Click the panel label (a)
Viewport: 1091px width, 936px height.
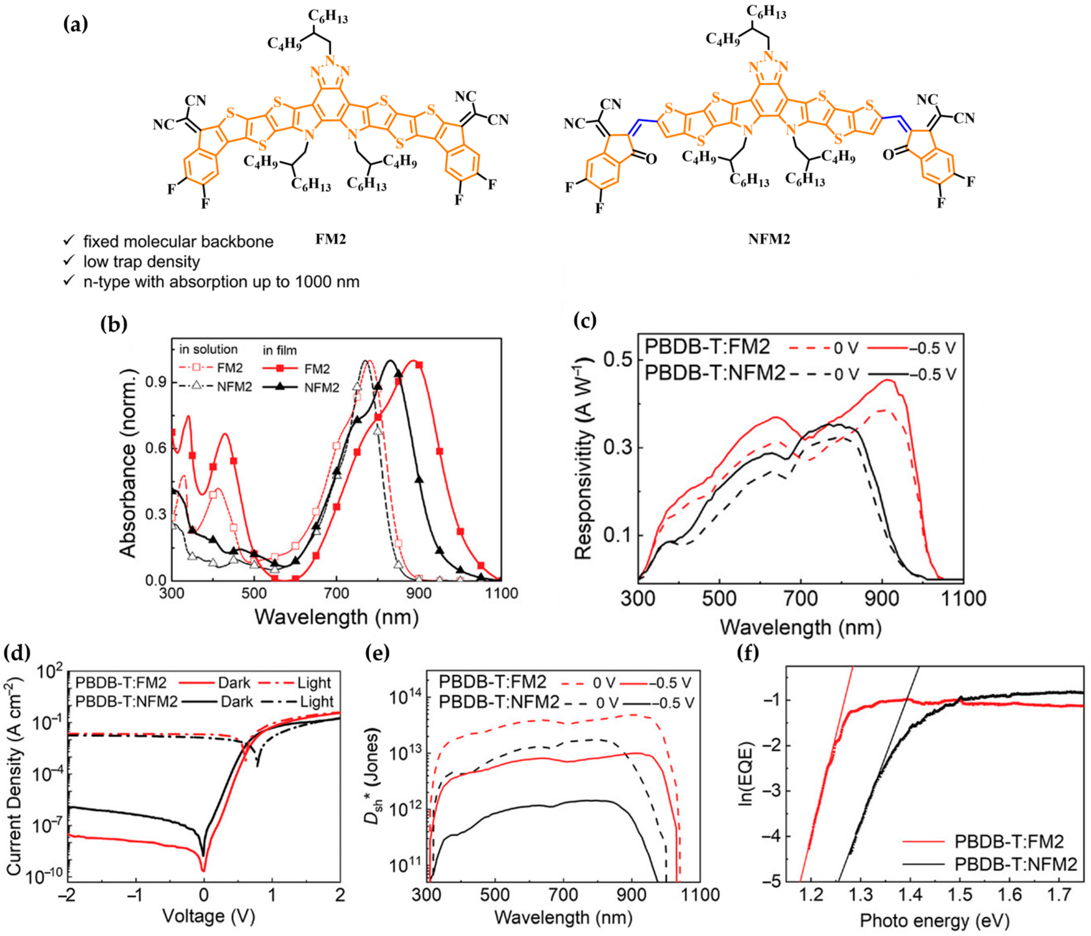[x=75, y=24]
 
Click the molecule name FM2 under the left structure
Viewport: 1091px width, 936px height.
[x=331, y=239]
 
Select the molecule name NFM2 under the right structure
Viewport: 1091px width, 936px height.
[x=769, y=239]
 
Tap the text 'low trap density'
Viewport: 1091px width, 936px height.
[x=142, y=262]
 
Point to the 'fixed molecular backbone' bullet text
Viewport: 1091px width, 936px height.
[x=178, y=242]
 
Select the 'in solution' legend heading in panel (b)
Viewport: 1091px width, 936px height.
[x=209, y=349]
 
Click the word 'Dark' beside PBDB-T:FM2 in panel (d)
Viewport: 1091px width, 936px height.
[x=234, y=683]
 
